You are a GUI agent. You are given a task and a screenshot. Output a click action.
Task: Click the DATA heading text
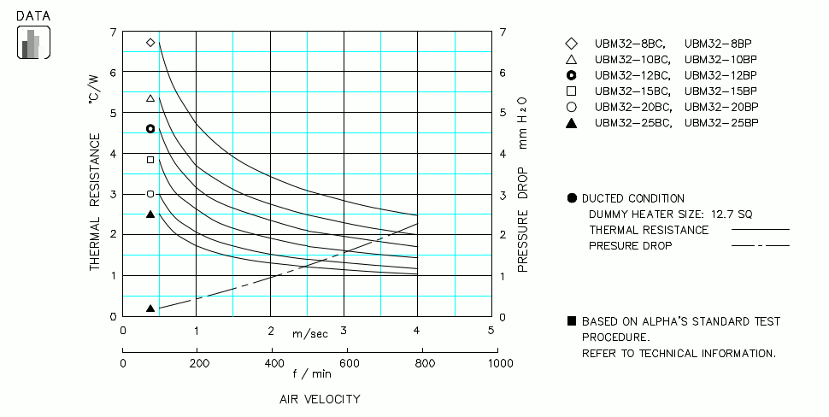tap(33, 15)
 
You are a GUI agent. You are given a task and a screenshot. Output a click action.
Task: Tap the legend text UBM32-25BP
tap(721, 122)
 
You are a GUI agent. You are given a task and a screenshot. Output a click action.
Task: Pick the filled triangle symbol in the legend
tap(572, 123)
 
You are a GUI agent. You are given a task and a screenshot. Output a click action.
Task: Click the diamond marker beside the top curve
tap(150, 42)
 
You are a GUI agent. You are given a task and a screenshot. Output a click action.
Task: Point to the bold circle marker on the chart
tap(150, 129)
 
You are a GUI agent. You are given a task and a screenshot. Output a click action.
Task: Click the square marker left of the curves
tap(150, 160)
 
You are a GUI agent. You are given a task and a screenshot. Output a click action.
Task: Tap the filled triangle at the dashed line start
tap(150, 308)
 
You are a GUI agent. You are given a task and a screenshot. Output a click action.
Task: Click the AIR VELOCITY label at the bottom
tap(320, 399)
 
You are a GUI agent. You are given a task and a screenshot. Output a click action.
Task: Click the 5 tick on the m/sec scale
tap(491, 331)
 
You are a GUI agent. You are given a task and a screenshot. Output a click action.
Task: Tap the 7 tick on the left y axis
tap(113, 32)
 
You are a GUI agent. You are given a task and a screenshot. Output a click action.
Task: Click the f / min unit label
tap(311, 373)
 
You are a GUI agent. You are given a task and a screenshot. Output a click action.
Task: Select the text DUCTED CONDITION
tap(632, 198)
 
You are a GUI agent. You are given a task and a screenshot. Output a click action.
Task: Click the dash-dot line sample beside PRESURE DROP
tap(761, 246)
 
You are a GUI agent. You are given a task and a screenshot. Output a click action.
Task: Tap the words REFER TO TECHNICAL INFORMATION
tap(679, 353)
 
